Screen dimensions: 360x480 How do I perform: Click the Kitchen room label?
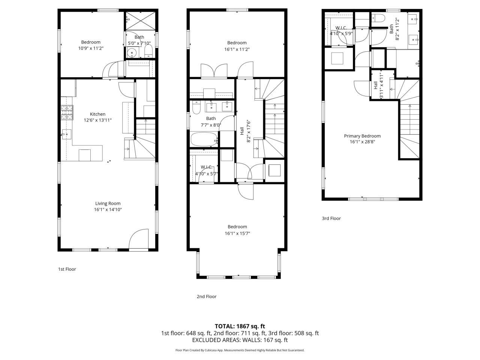point(97,114)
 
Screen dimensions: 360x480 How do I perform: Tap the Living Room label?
point(108,203)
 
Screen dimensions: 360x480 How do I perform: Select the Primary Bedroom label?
point(362,136)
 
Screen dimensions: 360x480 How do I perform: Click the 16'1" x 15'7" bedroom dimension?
point(237,233)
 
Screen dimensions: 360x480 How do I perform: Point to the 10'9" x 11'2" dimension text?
point(91,48)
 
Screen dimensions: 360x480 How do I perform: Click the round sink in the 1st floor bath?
point(132,53)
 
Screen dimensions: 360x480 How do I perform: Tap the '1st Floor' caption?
point(67,269)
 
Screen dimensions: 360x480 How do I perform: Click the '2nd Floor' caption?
point(207,296)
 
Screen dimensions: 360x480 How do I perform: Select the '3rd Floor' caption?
point(331,218)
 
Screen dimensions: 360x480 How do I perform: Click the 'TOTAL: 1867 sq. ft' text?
point(240,326)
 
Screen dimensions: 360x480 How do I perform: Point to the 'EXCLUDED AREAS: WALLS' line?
point(240,340)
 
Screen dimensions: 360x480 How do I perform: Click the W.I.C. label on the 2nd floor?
point(207,167)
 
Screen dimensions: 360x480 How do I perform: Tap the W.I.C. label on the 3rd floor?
point(341,28)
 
